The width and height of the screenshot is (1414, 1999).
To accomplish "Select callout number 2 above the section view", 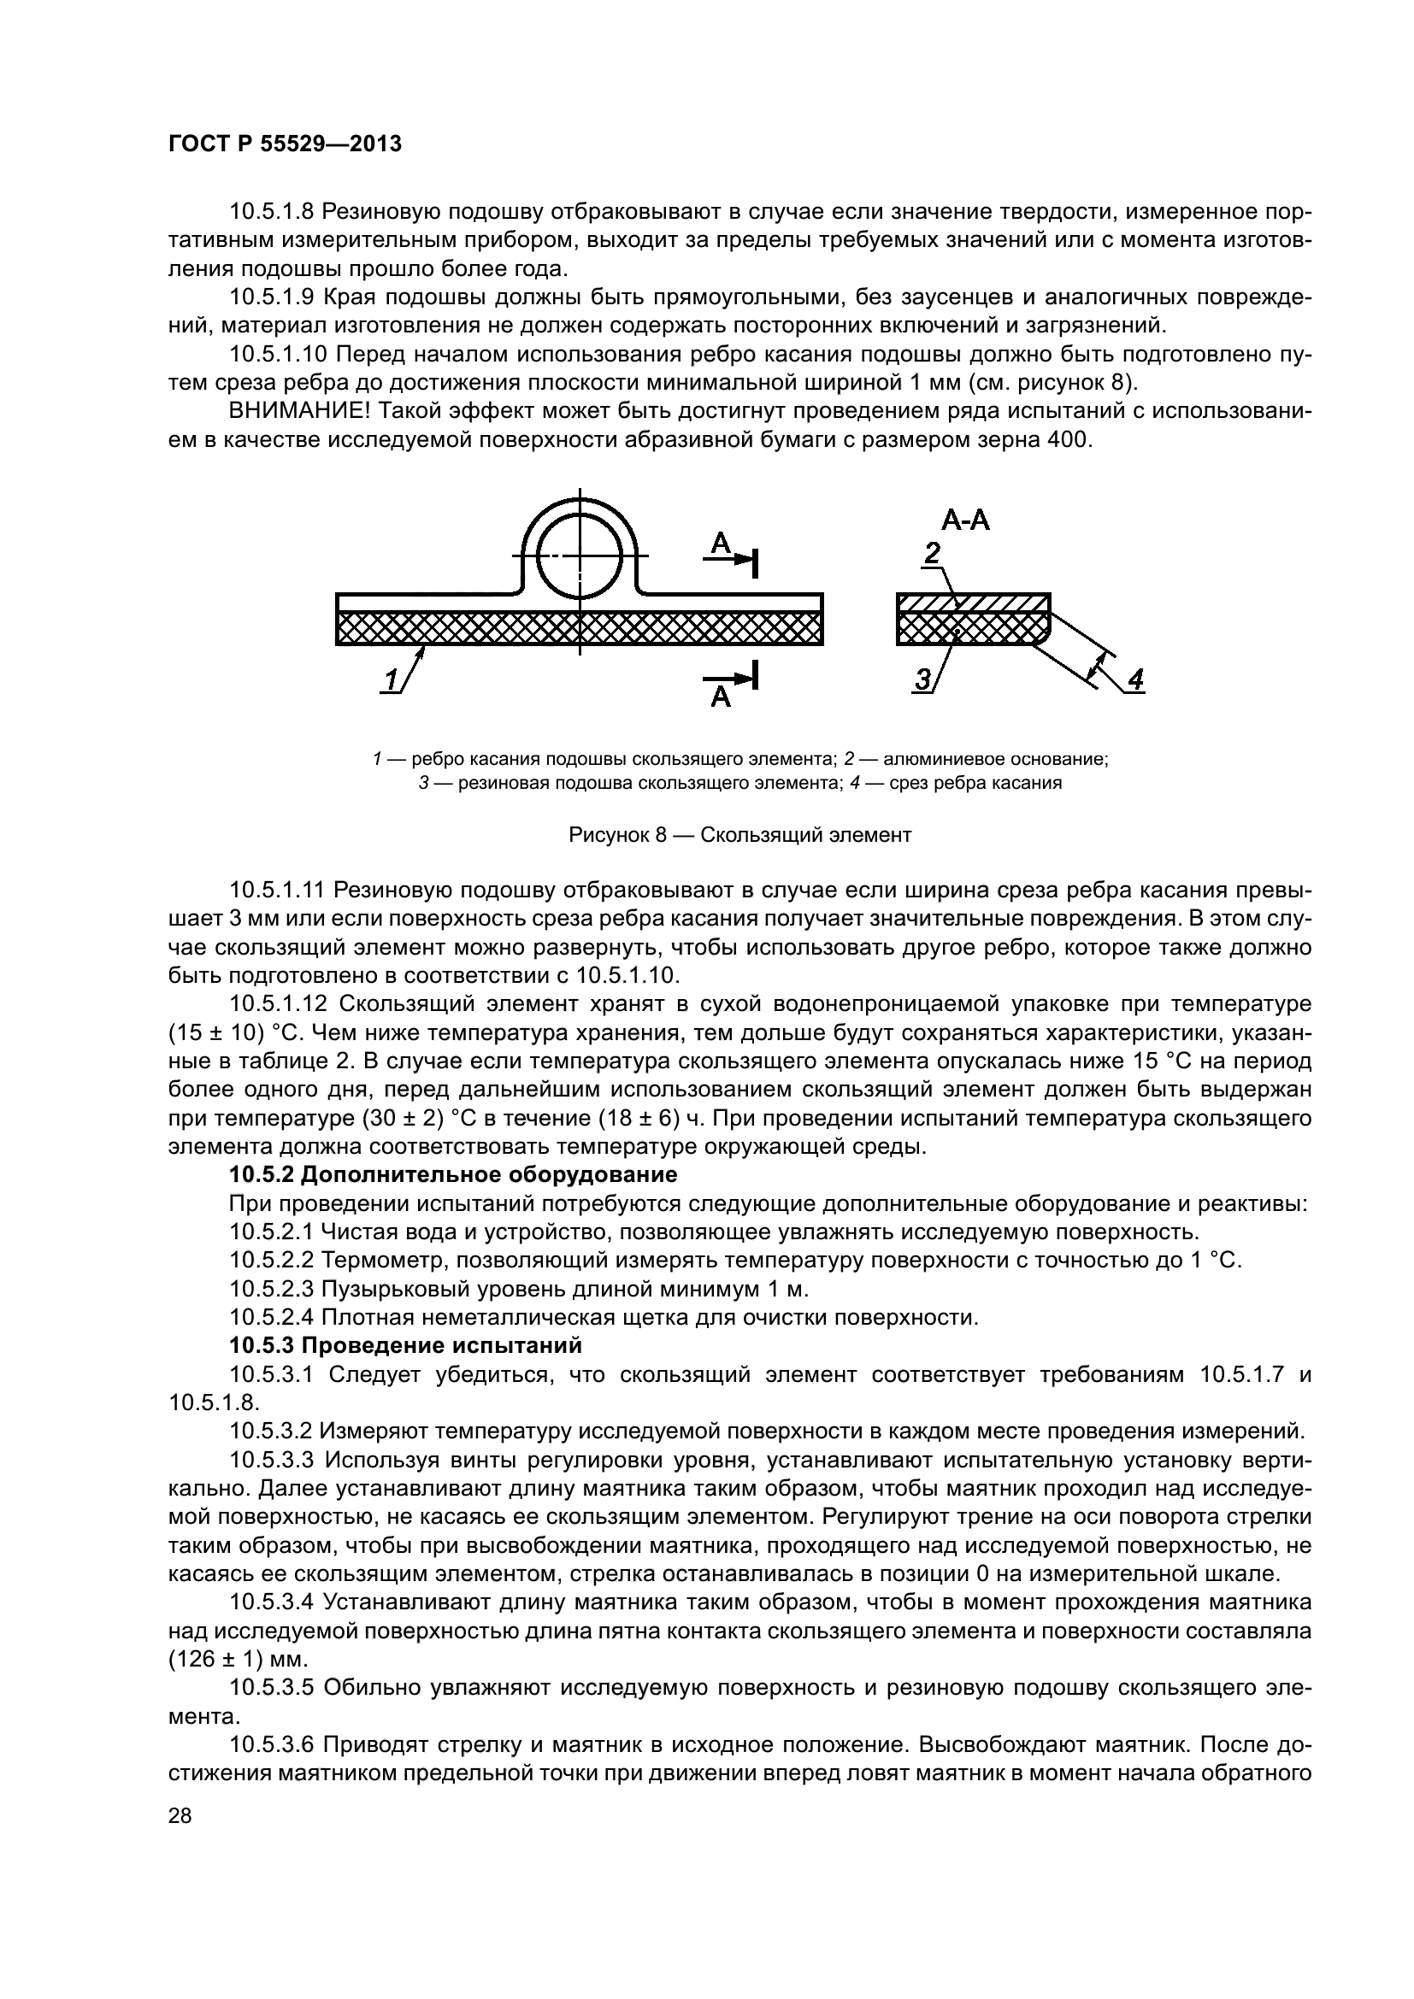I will point(932,554).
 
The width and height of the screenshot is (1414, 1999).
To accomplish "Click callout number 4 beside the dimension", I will point(1135,679).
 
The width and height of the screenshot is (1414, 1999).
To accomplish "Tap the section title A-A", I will point(965,520).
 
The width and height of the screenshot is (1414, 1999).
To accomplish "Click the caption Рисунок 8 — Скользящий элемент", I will point(739,835).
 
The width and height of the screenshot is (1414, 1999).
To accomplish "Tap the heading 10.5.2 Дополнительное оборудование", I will point(453,1174).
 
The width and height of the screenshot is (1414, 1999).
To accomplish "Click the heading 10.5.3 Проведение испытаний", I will point(405,1345).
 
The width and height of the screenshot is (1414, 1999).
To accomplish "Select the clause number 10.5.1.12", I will point(278,1004).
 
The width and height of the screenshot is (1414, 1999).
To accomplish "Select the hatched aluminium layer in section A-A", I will point(973,603).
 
